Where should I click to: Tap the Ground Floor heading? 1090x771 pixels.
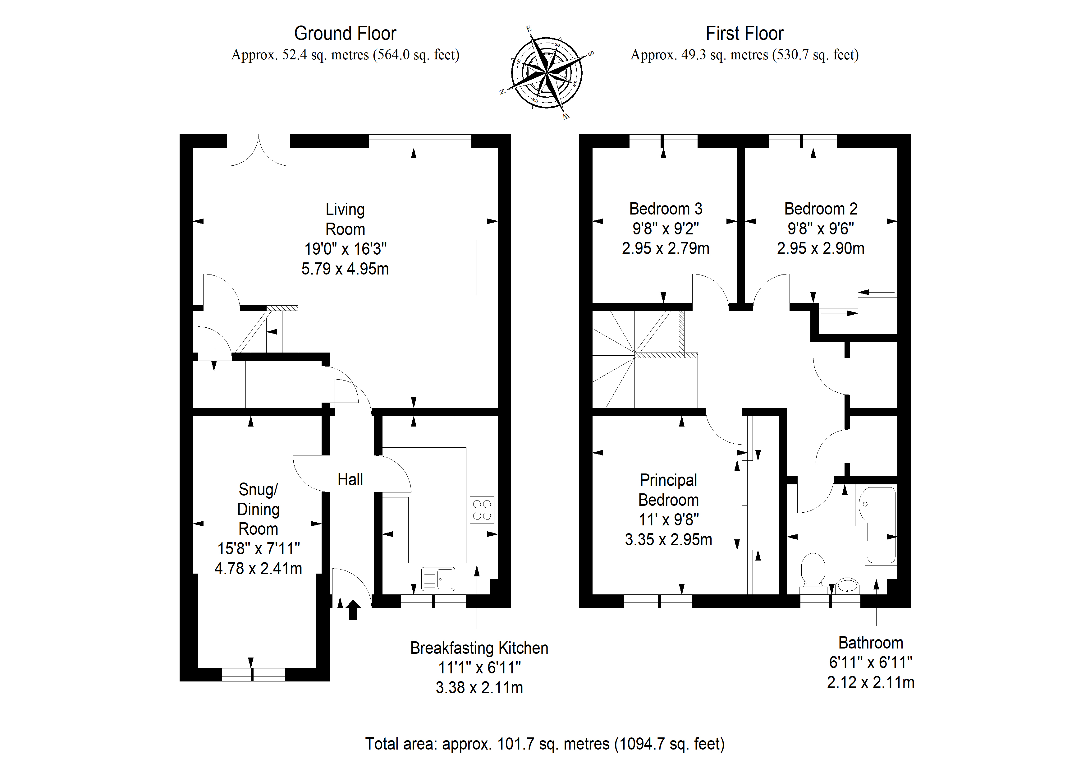345,33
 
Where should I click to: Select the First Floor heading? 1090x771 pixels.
744,33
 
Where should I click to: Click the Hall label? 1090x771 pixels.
350,479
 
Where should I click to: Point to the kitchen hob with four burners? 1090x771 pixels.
482,510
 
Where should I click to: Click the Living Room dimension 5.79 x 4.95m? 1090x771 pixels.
345,269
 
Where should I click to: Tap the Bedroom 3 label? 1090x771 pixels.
666,209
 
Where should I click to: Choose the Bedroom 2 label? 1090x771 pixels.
821,209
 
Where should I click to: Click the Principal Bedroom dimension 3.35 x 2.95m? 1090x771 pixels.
668,540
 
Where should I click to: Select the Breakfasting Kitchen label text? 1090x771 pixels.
479,648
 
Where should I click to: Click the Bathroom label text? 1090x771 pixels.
871,643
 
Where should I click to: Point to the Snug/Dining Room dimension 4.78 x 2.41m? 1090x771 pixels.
258,569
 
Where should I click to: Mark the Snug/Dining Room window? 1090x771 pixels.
253,675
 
